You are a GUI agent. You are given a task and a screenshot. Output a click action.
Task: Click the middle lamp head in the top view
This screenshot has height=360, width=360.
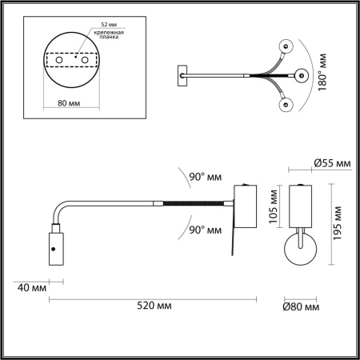click(302, 76)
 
